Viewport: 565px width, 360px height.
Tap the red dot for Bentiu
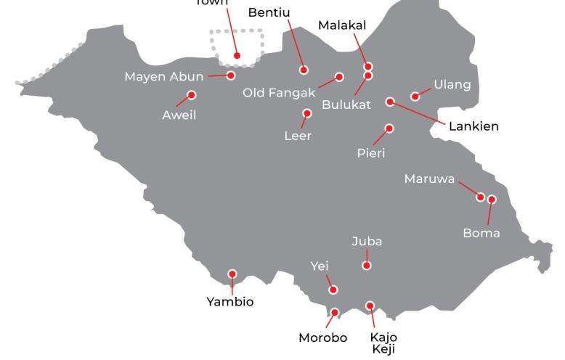pos(304,70)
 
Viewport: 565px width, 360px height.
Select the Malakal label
pos(342,25)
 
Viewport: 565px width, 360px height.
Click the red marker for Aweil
pos(192,95)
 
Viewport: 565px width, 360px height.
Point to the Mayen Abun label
pos(164,76)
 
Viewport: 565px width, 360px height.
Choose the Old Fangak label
pos(279,92)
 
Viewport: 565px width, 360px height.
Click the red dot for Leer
pos(306,113)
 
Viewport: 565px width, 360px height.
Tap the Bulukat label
pos(346,105)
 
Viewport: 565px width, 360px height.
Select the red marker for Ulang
pos(415,97)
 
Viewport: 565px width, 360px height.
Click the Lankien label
pos(473,126)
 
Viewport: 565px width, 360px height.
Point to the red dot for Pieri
pos(389,128)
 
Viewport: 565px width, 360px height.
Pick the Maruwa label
pos(429,179)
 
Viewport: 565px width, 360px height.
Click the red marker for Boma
pos(492,200)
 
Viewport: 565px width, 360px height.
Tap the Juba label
pos(367,241)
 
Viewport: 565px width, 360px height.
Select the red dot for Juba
pos(367,266)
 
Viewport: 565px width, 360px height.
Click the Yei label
pos(320,266)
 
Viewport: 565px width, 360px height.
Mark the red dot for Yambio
pos(232,274)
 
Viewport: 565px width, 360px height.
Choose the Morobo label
pos(323,337)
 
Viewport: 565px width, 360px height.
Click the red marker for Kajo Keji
pos(370,306)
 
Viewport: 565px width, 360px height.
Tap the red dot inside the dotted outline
pos(237,55)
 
